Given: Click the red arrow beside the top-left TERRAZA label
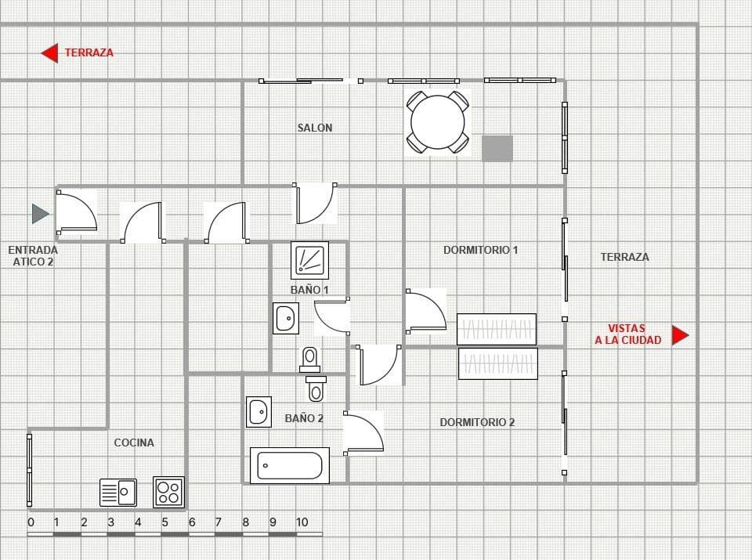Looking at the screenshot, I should pos(50,53).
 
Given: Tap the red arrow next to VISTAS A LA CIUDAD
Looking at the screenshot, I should pos(680,335).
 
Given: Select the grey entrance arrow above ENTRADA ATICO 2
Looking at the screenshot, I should pos(40,213).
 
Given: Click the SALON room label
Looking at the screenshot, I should pos(315,128).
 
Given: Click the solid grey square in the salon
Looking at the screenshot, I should pos(497,148).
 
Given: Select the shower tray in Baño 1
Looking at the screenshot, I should pos(310,260).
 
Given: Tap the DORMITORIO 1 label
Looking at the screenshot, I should pos(481,251).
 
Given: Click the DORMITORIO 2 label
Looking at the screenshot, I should pos(477,422).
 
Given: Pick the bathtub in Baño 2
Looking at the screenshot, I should pos(289,465).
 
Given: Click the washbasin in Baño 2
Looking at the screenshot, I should pos(258,412).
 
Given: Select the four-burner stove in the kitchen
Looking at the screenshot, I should pos(168,492).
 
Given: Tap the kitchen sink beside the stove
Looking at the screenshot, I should pos(118,492).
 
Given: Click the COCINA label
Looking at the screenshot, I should pos(134,443).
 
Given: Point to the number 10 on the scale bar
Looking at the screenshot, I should pos(302,522).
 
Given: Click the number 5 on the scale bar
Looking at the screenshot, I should pos(164,522).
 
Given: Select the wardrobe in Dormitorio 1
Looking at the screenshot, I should pos(497,329).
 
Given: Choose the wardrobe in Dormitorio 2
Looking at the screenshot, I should pos(498,363).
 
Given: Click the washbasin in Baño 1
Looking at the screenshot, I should pos(286,319).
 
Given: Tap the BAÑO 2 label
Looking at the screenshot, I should pos(304,419).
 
